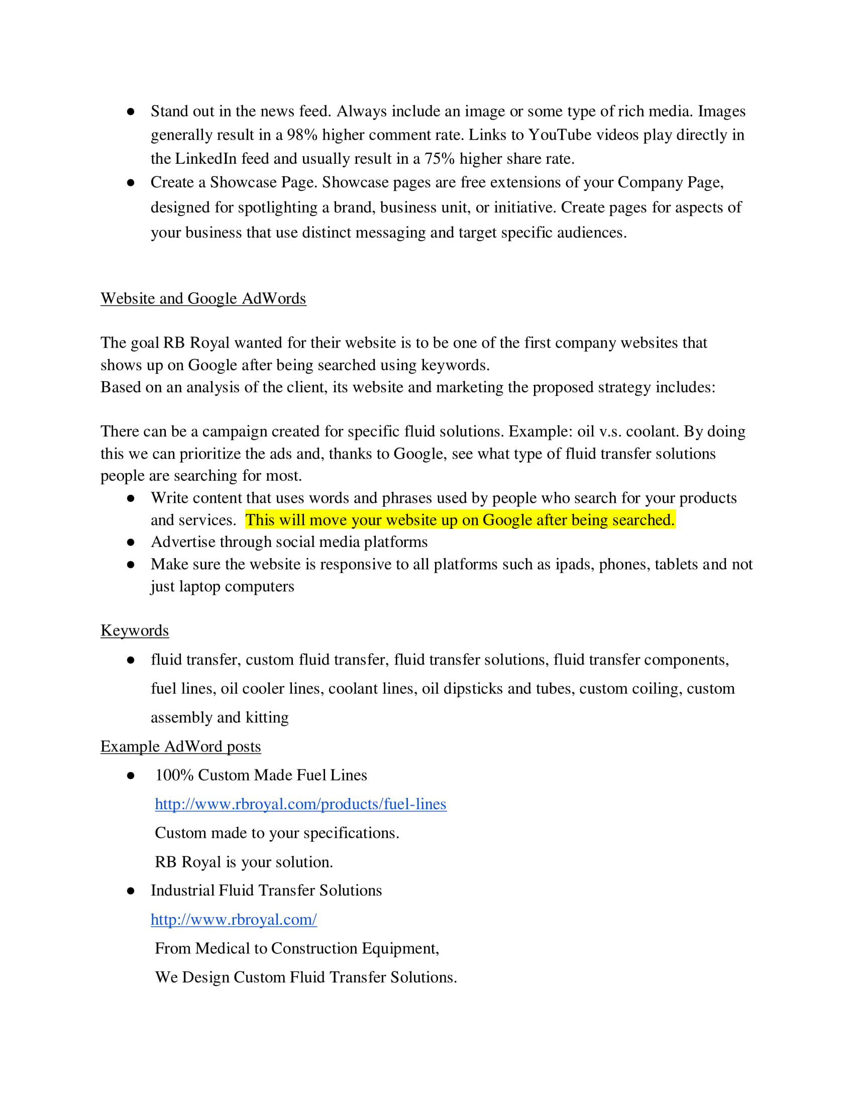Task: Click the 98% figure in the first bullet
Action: [x=302, y=135]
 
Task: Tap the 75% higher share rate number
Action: [x=439, y=159]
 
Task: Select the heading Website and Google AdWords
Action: [x=203, y=298]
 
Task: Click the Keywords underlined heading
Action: [x=135, y=630]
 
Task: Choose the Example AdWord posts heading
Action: [x=181, y=746]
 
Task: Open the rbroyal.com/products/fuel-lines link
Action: [x=300, y=804]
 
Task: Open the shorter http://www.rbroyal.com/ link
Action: [x=234, y=919]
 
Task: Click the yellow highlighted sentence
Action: [x=460, y=520]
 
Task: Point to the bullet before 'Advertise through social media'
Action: [x=131, y=542]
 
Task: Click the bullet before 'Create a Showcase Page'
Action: [x=131, y=183]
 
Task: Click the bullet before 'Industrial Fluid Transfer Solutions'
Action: [x=131, y=891]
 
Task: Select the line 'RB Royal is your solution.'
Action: [x=244, y=862]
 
